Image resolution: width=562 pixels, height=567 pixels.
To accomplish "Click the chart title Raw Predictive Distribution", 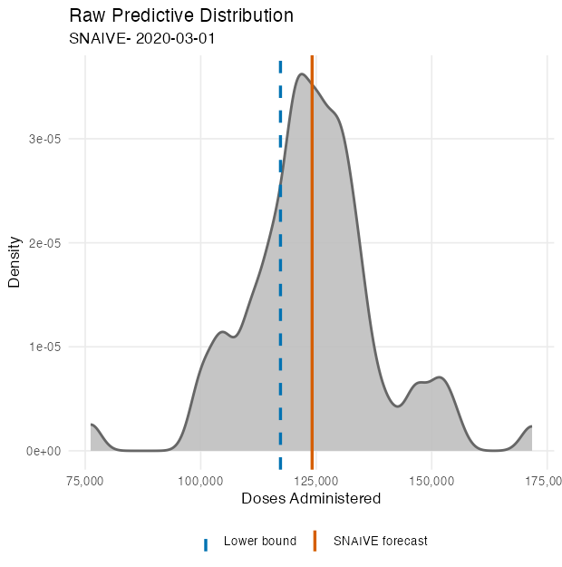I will tap(181, 16).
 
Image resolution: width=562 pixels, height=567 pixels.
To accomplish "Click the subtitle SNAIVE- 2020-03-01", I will tap(141, 39).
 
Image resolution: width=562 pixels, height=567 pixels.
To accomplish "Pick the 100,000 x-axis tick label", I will tap(201, 479).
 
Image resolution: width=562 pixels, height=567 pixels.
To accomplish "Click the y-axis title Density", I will tap(15, 262).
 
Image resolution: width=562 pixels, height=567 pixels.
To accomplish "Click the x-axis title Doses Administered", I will tap(311, 499).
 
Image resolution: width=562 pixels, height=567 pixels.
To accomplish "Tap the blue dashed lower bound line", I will tap(280, 272).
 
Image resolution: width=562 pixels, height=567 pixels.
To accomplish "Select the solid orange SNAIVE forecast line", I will tap(312, 272).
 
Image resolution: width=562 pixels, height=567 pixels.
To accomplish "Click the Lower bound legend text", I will tap(259, 542).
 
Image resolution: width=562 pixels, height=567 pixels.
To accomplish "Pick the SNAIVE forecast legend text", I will tap(380, 542).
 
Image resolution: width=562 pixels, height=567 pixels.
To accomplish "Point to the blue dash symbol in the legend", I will tap(206, 543).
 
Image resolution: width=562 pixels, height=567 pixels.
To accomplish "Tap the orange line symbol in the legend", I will tap(315, 542).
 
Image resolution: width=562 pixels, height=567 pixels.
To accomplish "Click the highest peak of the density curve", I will tap(302, 74).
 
